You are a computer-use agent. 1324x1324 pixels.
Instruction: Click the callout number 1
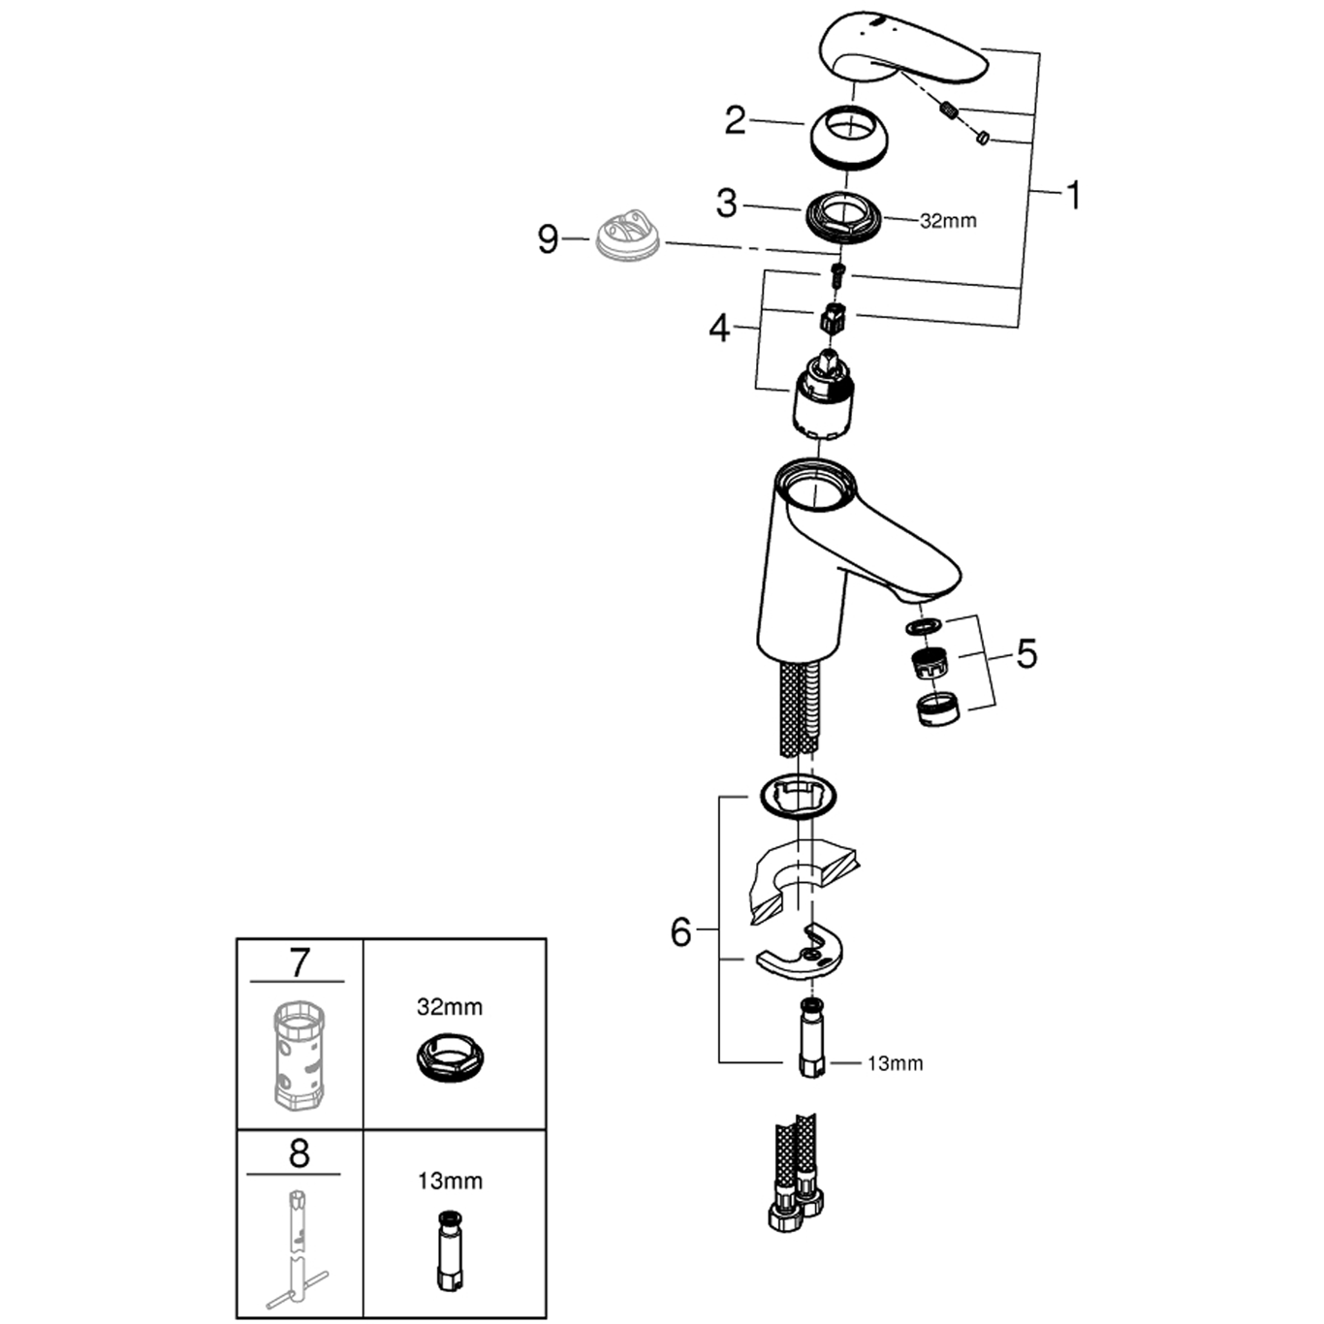click(x=1072, y=196)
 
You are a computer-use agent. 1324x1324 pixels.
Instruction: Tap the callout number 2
click(x=735, y=121)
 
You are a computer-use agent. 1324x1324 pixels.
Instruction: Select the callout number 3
click(x=726, y=205)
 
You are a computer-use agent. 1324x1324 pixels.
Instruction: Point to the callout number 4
click(x=720, y=330)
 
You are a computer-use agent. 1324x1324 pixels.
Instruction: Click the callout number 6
click(x=680, y=932)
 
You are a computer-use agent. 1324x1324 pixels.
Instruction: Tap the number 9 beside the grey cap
click(x=548, y=239)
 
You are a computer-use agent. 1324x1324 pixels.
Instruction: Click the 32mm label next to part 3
click(x=948, y=221)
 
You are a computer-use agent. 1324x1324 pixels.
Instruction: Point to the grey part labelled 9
click(x=627, y=236)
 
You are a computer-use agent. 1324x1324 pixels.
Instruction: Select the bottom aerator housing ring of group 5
click(x=940, y=710)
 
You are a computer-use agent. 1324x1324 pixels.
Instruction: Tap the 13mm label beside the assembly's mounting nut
click(x=895, y=1063)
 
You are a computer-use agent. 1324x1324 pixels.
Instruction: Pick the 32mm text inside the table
click(x=450, y=1007)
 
